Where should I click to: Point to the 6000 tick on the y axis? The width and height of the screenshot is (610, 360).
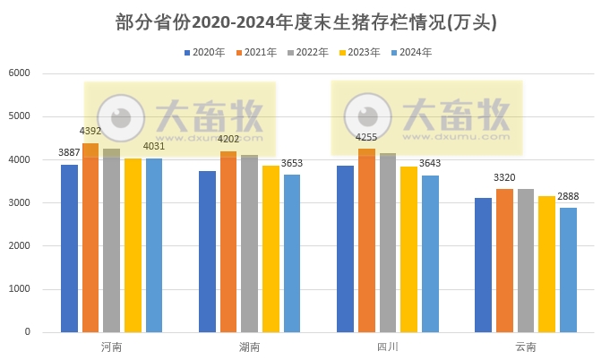[19, 73]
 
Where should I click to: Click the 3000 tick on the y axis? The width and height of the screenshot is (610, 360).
[19, 203]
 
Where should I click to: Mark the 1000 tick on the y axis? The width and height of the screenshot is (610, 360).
[19, 289]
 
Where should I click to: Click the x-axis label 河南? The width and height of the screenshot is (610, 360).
[112, 347]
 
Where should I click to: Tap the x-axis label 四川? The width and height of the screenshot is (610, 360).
[387, 347]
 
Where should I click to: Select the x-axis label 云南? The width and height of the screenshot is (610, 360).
[526, 347]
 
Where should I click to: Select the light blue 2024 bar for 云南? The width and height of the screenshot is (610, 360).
[568, 270]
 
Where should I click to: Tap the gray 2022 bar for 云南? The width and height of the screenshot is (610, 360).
[526, 261]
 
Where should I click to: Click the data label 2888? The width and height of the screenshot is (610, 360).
[568, 196]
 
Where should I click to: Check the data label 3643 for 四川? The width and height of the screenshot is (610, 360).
[430, 163]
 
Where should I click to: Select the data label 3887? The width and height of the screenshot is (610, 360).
[69, 153]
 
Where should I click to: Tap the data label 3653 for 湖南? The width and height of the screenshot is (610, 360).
[292, 163]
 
